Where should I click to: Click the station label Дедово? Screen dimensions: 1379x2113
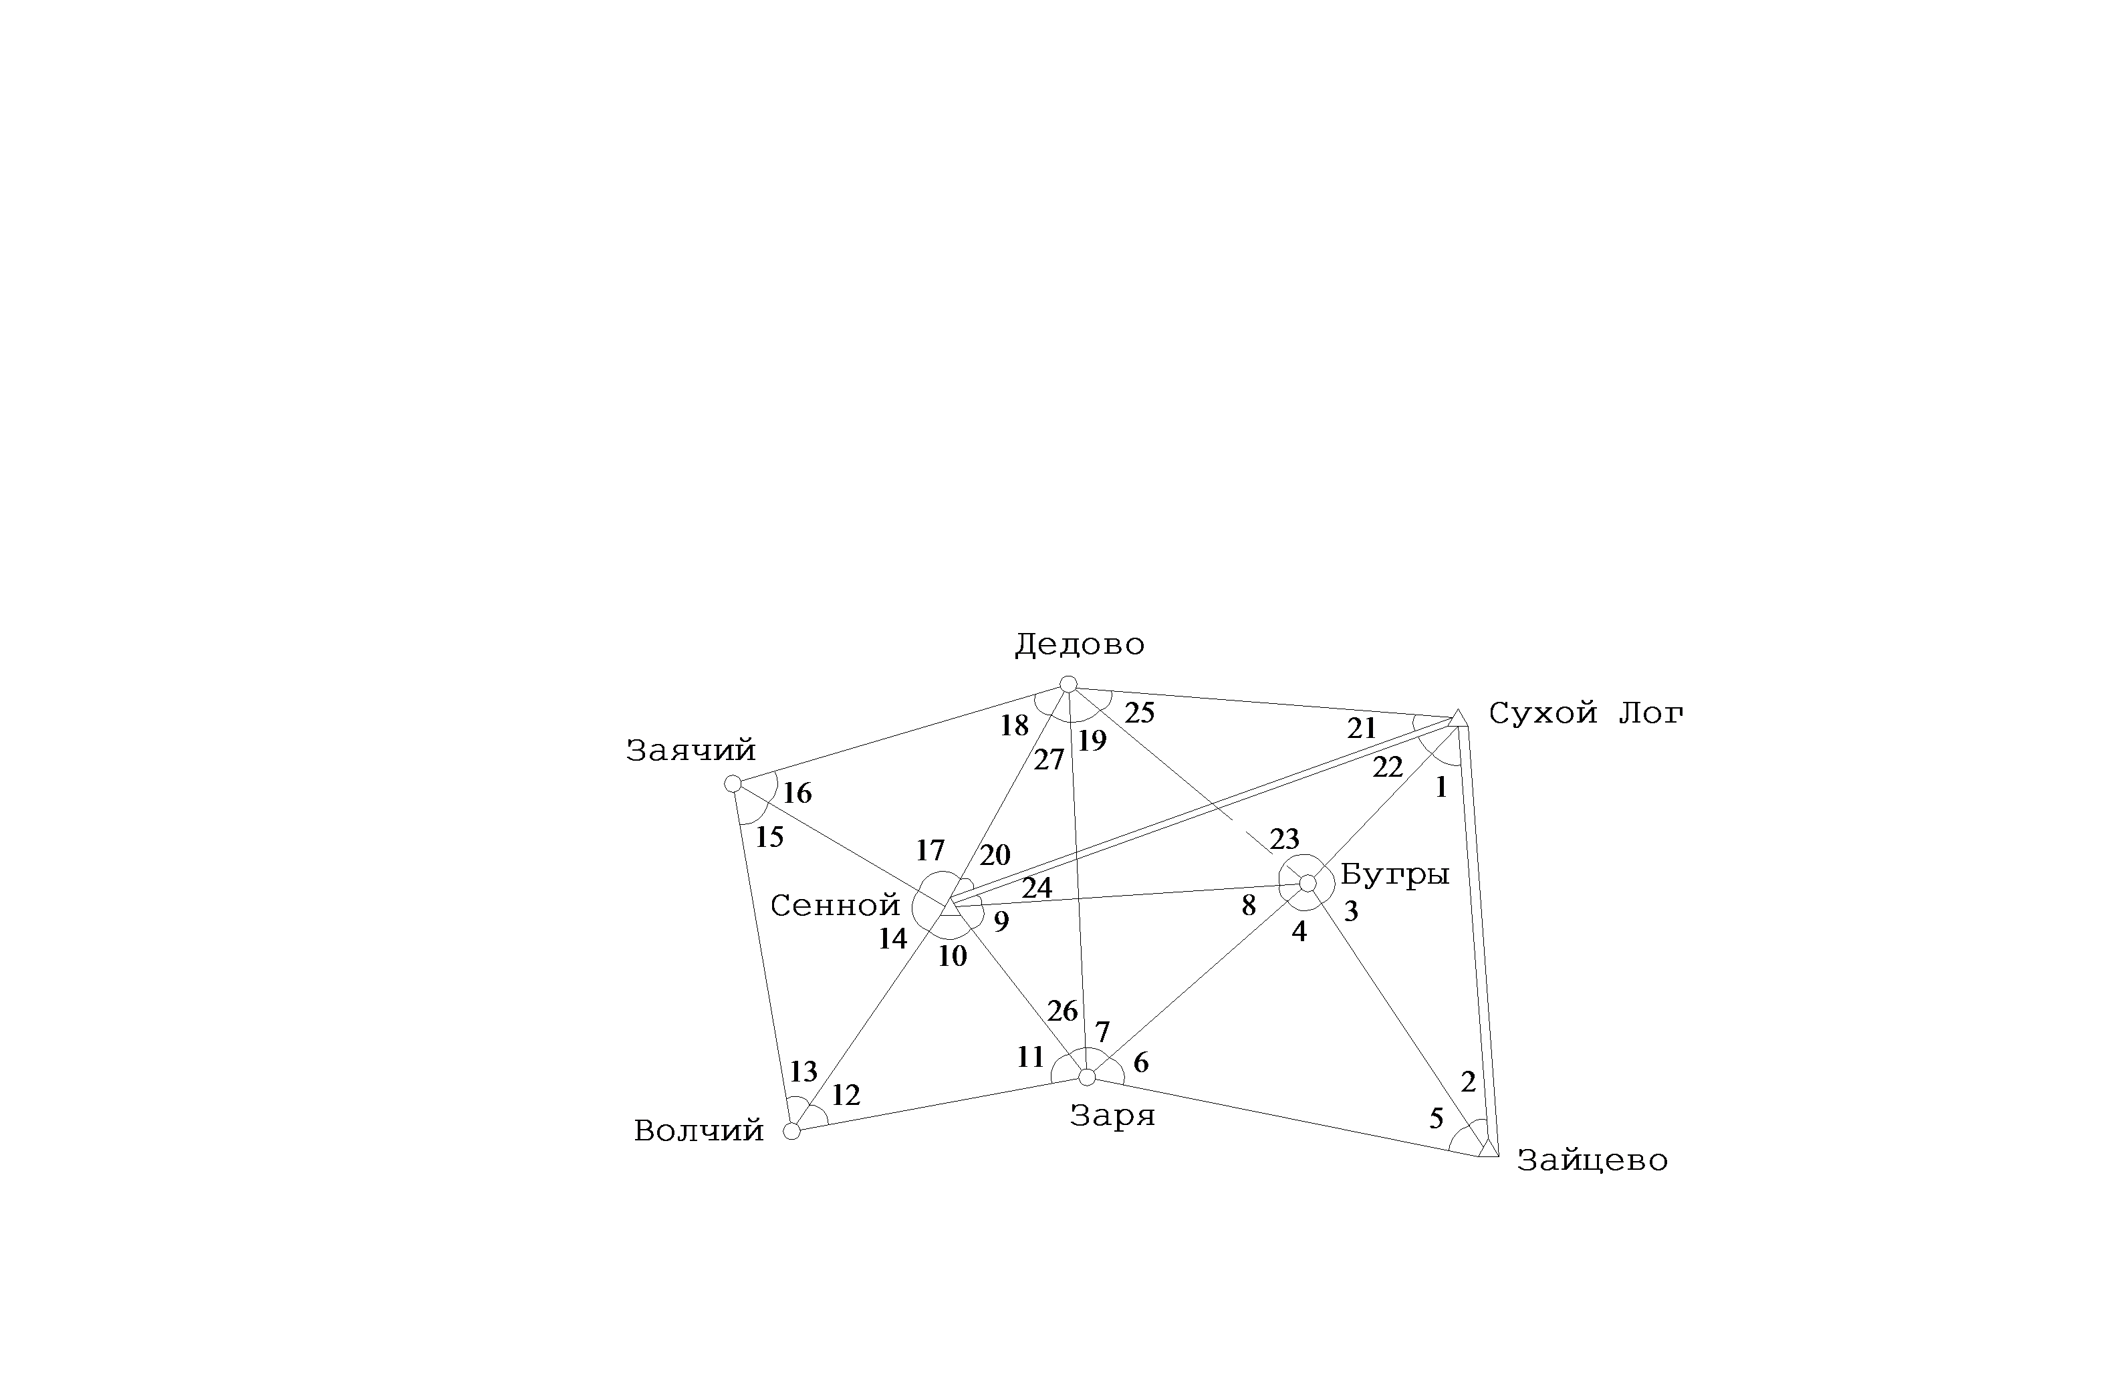pyautogui.click(x=1080, y=644)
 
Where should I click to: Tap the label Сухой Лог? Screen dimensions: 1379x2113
pyautogui.click(x=1586, y=713)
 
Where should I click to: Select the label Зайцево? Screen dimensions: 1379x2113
pyautogui.click(x=1592, y=1160)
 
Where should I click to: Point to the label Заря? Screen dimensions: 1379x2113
pyautogui.click(x=1112, y=1115)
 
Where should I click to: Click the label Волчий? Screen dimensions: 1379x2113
pyautogui.click(x=699, y=1130)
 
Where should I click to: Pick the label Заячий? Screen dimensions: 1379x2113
pyautogui.click(x=691, y=750)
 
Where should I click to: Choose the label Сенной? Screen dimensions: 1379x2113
pyautogui.click(x=834, y=906)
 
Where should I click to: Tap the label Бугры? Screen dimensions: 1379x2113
pyautogui.click(x=1395, y=874)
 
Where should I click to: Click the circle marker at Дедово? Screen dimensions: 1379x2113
pyautogui.click(x=1069, y=684)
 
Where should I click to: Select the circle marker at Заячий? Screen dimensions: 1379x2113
pyautogui.click(x=733, y=783)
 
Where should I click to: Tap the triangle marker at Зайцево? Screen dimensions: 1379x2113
pyautogui.click(x=1489, y=1148)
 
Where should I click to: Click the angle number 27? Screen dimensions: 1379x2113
pyautogui.click(x=1049, y=760)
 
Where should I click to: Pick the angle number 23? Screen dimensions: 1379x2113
pyautogui.click(x=1285, y=839)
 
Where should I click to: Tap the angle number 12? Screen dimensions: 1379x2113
pyautogui.click(x=845, y=1096)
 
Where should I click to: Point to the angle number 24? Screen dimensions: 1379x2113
pyautogui.click(x=1037, y=888)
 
